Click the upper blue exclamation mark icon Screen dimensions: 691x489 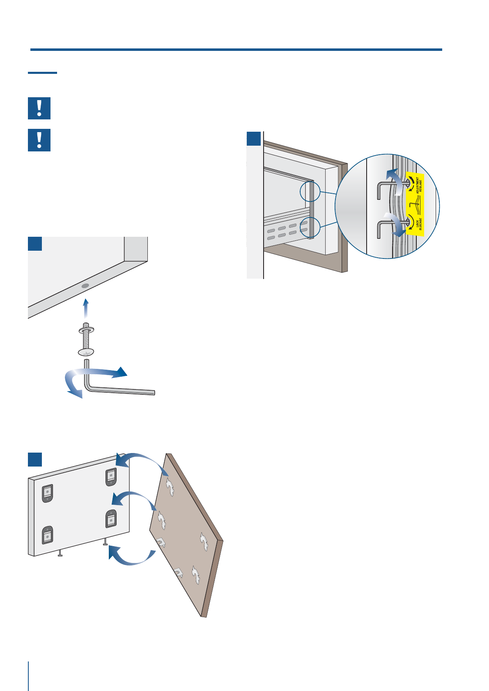[39, 108]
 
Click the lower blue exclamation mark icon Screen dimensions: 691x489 [39, 140]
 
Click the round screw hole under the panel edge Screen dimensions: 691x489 [85, 285]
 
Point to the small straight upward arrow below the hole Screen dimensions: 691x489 [85, 308]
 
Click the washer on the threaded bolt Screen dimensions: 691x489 [86, 329]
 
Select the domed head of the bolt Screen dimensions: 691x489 [86, 352]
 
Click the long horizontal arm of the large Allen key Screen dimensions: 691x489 [123, 391]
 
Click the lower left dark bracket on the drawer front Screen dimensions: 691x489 [48, 535]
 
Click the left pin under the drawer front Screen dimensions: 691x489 [60, 553]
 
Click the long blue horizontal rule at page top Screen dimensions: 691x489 [236, 50]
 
